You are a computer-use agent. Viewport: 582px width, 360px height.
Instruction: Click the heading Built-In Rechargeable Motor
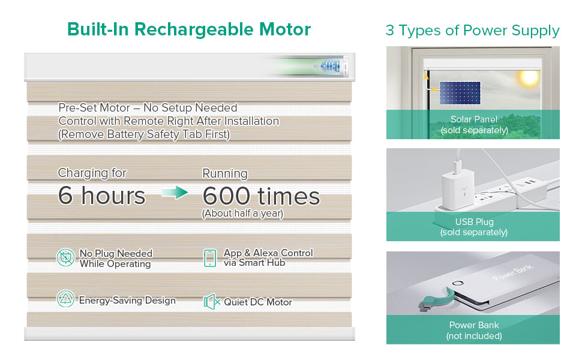click(189, 29)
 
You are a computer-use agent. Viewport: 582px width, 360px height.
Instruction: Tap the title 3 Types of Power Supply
click(473, 31)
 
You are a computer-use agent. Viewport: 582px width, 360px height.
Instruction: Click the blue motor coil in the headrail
click(331, 66)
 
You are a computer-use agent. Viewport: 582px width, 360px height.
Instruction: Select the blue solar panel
click(460, 93)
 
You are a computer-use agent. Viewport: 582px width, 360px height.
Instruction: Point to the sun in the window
click(527, 79)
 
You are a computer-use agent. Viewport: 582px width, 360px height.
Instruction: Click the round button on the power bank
click(458, 283)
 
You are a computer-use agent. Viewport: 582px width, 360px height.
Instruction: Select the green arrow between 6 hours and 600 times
click(175, 192)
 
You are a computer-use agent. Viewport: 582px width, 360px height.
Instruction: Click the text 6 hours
click(101, 195)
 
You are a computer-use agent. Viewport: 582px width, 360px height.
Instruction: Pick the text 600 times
click(261, 196)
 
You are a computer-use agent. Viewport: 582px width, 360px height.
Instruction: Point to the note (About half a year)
click(242, 214)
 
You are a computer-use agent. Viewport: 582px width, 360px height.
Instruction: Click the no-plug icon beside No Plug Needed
click(65, 257)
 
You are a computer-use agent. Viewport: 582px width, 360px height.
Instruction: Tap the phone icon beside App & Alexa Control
click(210, 258)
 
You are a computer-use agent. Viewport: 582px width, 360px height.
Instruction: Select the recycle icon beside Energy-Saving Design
click(65, 299)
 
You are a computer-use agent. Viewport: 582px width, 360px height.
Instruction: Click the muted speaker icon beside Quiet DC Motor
click(212, 302)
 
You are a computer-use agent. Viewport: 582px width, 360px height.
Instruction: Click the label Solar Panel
click(473, 119)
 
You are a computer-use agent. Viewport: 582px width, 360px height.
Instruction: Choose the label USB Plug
click(475, 222)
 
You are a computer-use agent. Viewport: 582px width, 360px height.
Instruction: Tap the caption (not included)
click(474, 336)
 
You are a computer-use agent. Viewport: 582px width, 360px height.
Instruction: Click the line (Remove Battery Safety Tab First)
click(144, 134)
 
